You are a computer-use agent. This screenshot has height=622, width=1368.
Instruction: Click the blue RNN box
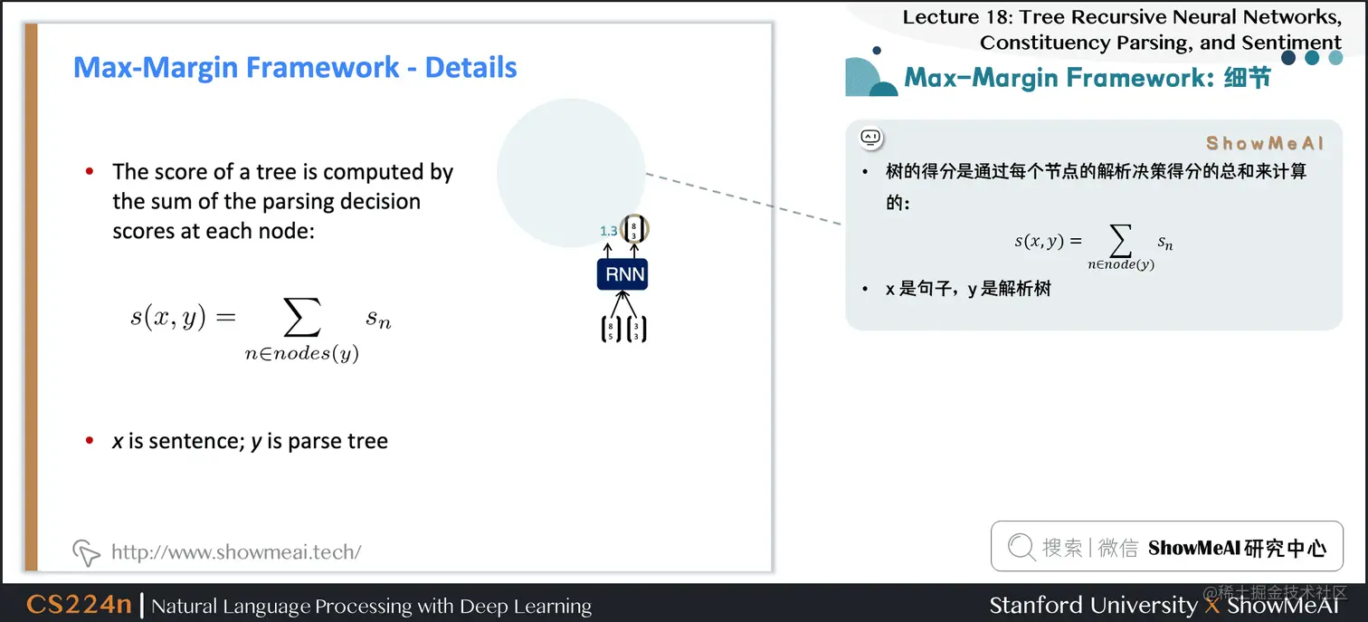[622, 273]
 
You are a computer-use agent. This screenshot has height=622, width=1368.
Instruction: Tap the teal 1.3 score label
[608, 231]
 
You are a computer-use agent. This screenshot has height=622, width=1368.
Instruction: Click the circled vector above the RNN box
[634, 229]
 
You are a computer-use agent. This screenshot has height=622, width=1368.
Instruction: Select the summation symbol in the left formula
[301, 318]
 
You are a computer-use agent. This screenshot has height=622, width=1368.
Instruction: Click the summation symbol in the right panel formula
[1120, 241]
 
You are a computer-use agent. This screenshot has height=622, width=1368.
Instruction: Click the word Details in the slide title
[470, 68]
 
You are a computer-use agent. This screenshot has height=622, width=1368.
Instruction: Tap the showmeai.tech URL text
[235, 551]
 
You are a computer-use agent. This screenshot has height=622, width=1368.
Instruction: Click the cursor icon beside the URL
[85, 551]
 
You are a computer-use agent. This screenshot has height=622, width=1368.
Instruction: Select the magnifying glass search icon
[1021, 547]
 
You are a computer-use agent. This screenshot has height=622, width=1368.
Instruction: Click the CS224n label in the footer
[80, 605]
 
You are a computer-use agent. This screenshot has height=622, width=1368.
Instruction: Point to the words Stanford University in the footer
[1093, 605]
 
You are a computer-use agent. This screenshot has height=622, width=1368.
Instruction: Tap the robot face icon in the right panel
[870, 138]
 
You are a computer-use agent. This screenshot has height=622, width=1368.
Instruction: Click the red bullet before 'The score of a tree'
[90, 171]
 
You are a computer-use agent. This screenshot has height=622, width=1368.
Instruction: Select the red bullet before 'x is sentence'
[90, 441]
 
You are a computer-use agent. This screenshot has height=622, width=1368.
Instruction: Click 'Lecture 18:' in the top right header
[954, 17]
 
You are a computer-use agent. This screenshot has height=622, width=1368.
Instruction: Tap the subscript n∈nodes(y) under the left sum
[301, 354]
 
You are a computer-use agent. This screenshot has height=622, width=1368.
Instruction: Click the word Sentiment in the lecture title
[1288, 43]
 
